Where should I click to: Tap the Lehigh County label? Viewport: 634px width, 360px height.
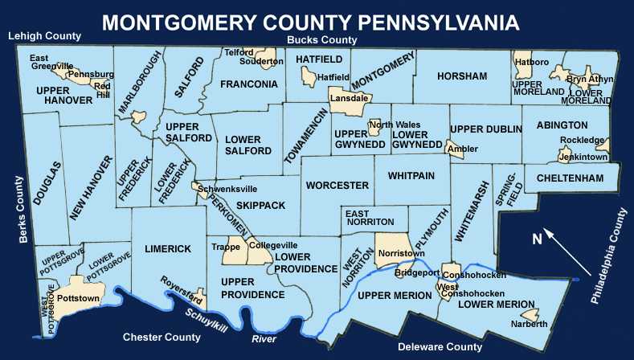click(x=44, y=36)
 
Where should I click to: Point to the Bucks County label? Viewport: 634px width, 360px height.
click(x=322, y=39)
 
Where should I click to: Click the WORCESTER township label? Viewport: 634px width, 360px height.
click(x=337, y=186)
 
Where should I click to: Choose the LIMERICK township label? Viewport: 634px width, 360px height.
click(x=168, y=249)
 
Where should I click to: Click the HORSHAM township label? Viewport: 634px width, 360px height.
click(x=462, y=76)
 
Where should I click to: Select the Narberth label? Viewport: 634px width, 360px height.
click(x=529, y=324)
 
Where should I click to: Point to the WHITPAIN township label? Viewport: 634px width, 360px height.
click(x=411, y=175)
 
